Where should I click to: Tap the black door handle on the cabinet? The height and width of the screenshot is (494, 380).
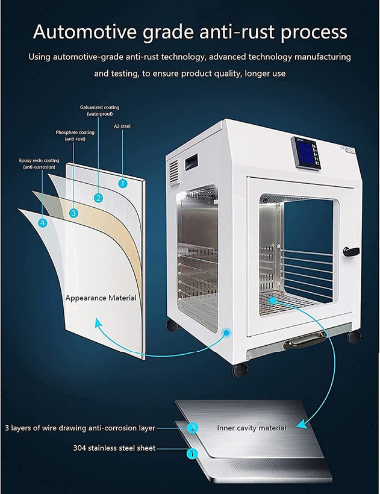click(x=351, y=251)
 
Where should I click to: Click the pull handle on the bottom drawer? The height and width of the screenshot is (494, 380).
click(x=305, y=340)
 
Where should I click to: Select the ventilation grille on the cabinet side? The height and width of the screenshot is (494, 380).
click(x=174, y=170)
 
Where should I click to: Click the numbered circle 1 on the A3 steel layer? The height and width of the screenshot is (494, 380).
click(x=123, y=183)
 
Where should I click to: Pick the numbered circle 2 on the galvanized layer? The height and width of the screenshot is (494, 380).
click(x=99, y=198)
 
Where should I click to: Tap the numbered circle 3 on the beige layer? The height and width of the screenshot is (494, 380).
click(x=73, y=213)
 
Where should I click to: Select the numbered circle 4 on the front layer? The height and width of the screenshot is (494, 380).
click(x=43, y=223)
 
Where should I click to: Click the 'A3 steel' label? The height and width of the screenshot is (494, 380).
click(x=122, y=126)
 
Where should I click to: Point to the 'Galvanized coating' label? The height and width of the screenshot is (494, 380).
click(x=99, y=107)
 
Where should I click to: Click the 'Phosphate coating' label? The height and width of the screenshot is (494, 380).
click(x=75, y=133)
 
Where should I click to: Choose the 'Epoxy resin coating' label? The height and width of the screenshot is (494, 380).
click(x=39, y=161)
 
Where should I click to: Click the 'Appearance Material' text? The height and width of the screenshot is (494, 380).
click(x=101, y=298)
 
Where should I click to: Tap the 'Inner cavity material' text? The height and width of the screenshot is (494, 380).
click(x=252, y=428)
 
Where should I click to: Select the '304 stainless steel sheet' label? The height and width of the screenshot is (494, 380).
click(x=114, y=448)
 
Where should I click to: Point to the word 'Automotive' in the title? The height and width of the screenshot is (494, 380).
click(x=85, y=31)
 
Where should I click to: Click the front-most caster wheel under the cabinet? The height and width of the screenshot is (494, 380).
click(x=240, y=370)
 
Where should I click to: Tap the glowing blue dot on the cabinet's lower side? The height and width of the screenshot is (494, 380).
click(x=226, y=333)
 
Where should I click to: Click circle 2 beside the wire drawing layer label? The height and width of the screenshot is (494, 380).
click(x=193, y=428)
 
